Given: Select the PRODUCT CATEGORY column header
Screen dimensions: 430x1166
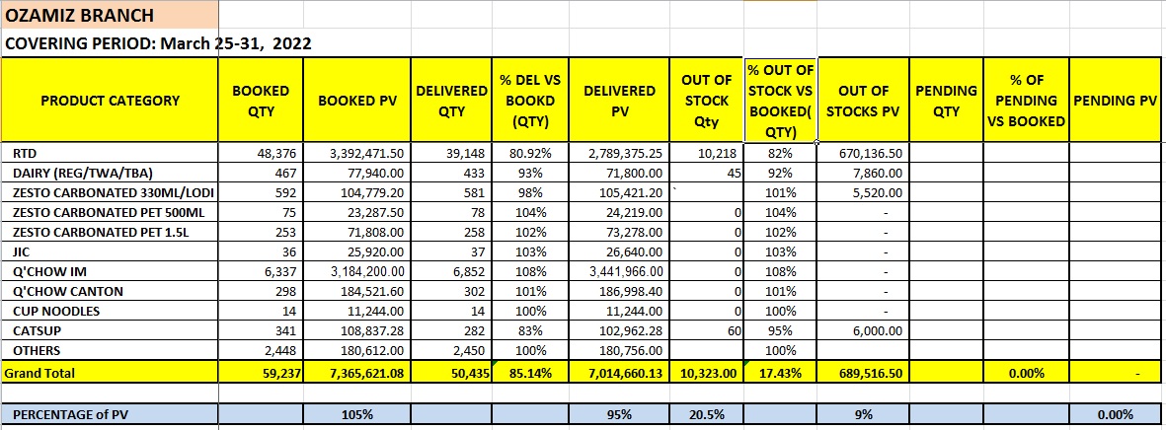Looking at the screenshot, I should point(110,101).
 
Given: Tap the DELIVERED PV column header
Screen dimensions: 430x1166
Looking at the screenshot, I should point(619,101).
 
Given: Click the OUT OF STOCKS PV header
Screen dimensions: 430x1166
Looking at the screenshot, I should point(865,101).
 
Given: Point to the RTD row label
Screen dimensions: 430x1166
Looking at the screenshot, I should point(21,154).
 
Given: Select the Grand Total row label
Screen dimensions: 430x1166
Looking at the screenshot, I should point(39,374).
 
